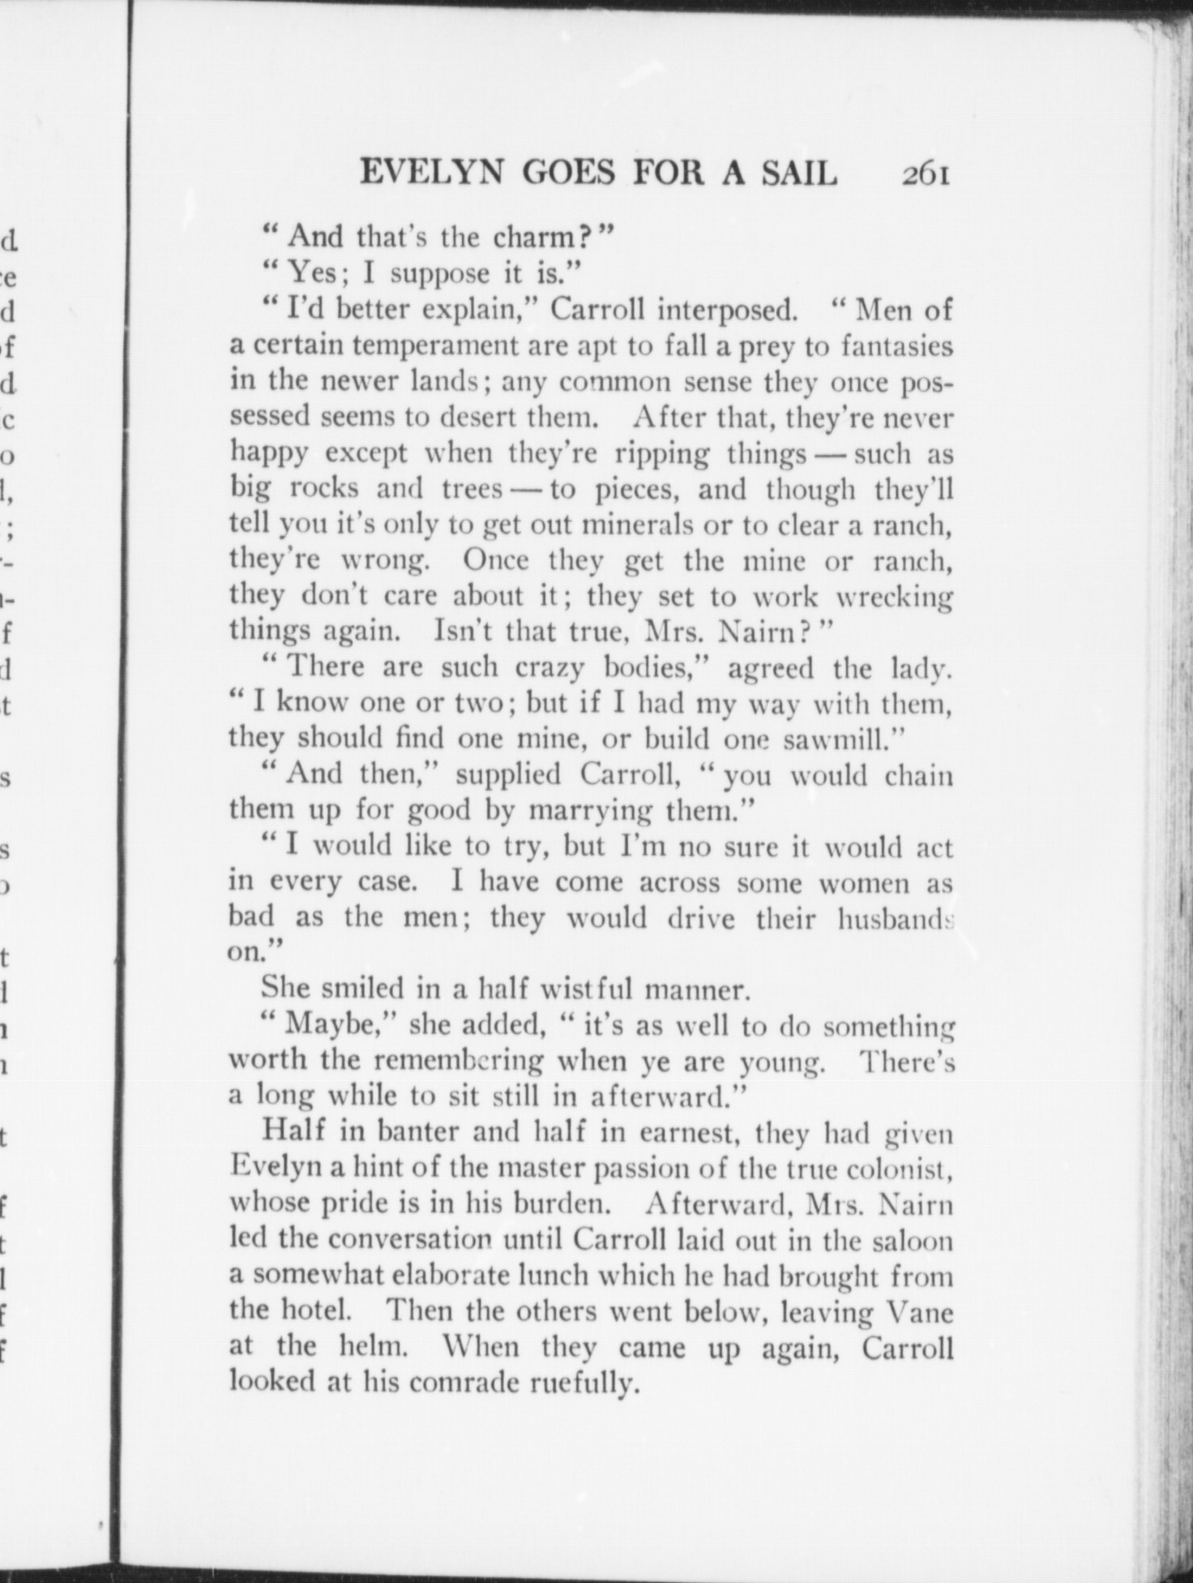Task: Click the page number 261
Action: point(924,174)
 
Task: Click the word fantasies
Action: point(896,347)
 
